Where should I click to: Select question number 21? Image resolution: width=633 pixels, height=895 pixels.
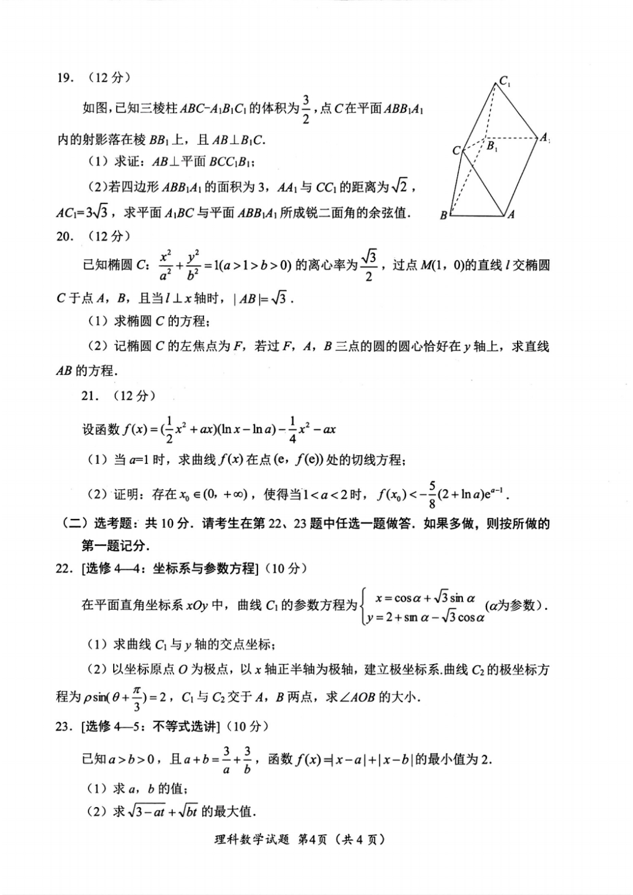tap(89, 396)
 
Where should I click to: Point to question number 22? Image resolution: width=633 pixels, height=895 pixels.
tap(64, 568)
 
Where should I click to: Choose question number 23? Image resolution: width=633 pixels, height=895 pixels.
tap(64, 727)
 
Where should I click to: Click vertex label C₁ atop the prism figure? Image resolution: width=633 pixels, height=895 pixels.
tap(505, 81)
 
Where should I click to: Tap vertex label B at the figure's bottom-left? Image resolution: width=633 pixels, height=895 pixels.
tap(444, 215)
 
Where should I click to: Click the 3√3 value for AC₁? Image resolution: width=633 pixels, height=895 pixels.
tap(97, 213)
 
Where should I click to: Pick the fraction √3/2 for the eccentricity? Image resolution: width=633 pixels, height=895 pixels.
tap(369, 265)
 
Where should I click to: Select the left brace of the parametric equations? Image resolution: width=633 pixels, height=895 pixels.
tap(364, 607)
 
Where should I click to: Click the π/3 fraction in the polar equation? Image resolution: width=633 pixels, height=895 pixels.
tap(137, 697)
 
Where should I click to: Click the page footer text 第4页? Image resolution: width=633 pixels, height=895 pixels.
tap(312, 839)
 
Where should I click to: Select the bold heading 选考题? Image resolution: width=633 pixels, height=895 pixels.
tap(114, 524)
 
